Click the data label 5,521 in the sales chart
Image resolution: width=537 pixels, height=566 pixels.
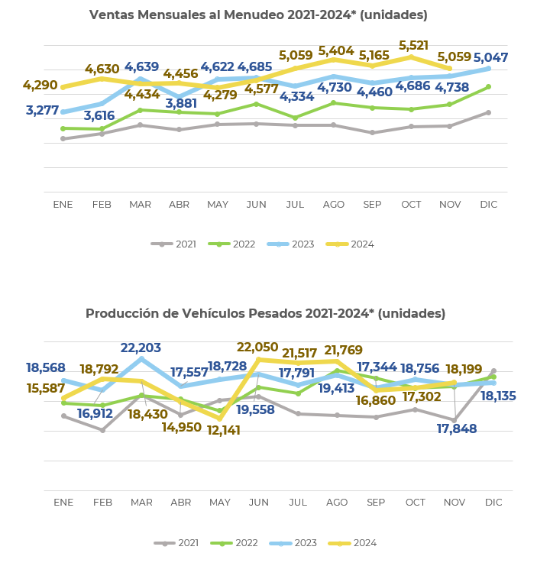click(413, 46)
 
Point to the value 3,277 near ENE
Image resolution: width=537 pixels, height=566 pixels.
click(42, 111)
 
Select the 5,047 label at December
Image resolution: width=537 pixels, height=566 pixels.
click(490, 58)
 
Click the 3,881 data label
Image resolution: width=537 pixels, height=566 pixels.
click(180, 104)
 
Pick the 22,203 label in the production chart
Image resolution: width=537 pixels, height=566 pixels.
click(141, 348)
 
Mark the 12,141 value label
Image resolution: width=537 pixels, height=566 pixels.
click(223, 431)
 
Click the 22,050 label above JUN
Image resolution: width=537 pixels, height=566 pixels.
click(257, 348)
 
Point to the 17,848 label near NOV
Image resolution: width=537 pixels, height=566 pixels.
click(457, 429)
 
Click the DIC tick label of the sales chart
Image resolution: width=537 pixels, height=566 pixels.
click(488, 205)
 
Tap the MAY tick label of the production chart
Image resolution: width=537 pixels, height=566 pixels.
click(220, 503)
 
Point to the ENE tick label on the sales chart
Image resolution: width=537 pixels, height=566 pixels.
click(63, 205)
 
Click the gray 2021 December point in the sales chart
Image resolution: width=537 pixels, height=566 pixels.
click(488, 112)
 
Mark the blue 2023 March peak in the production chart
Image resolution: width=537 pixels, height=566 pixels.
click(141, 359)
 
